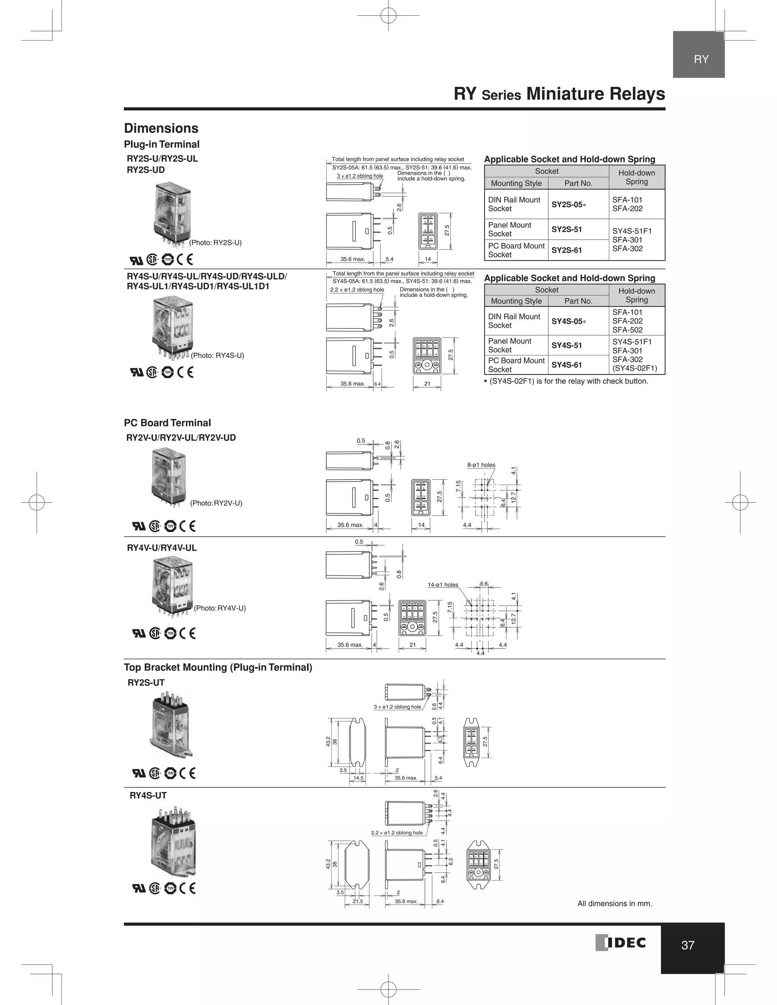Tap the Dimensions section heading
[161, 129]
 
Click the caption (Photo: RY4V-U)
[220, 608]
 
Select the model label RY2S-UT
[146, 683]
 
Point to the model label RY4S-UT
[148, 796]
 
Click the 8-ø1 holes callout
[481, 465]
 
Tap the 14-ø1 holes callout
[443, 585]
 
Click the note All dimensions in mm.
[615, 904]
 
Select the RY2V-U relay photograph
[169, 479]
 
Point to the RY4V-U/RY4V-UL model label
[162, 548]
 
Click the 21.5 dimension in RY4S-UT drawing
[357, 901]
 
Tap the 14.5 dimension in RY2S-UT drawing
[358, 778]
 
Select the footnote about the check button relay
[566, 381]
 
